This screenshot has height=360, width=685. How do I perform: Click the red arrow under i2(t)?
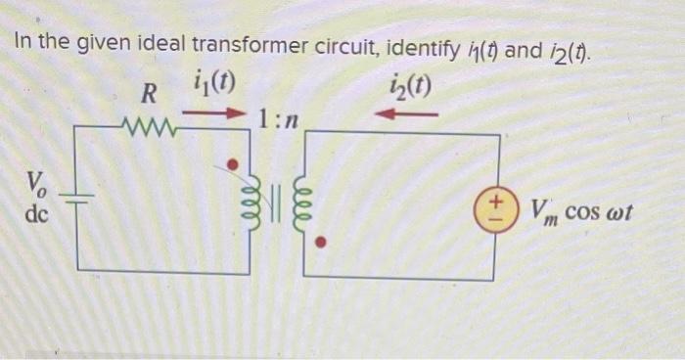click(x=404, y=114)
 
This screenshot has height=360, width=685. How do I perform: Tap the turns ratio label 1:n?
click(x=279, y=120)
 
